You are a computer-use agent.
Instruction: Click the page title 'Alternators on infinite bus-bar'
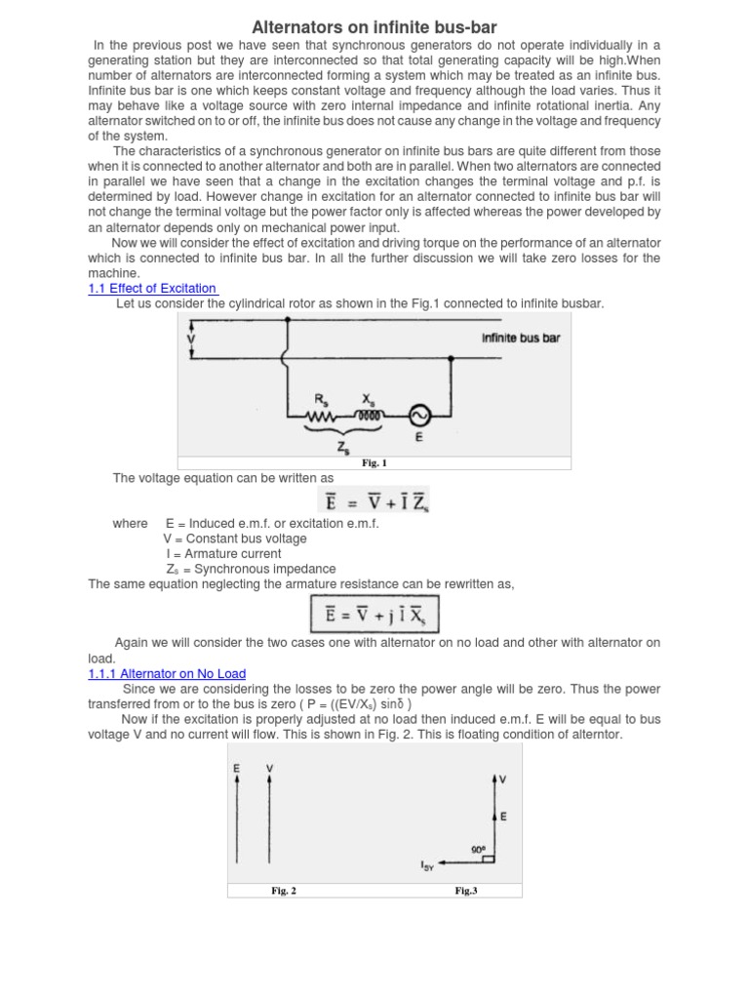375,26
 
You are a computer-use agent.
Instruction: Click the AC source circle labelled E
420,415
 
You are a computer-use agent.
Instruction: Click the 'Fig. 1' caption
374,463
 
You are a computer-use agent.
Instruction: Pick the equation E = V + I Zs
374,501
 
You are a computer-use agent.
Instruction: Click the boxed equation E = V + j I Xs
374,617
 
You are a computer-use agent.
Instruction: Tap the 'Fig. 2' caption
283,890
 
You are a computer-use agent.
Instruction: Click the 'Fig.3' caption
465,890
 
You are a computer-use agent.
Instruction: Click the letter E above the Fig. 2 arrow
236,770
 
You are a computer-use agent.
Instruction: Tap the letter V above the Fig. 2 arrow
269,770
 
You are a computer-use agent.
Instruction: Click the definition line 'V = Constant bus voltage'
234,539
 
